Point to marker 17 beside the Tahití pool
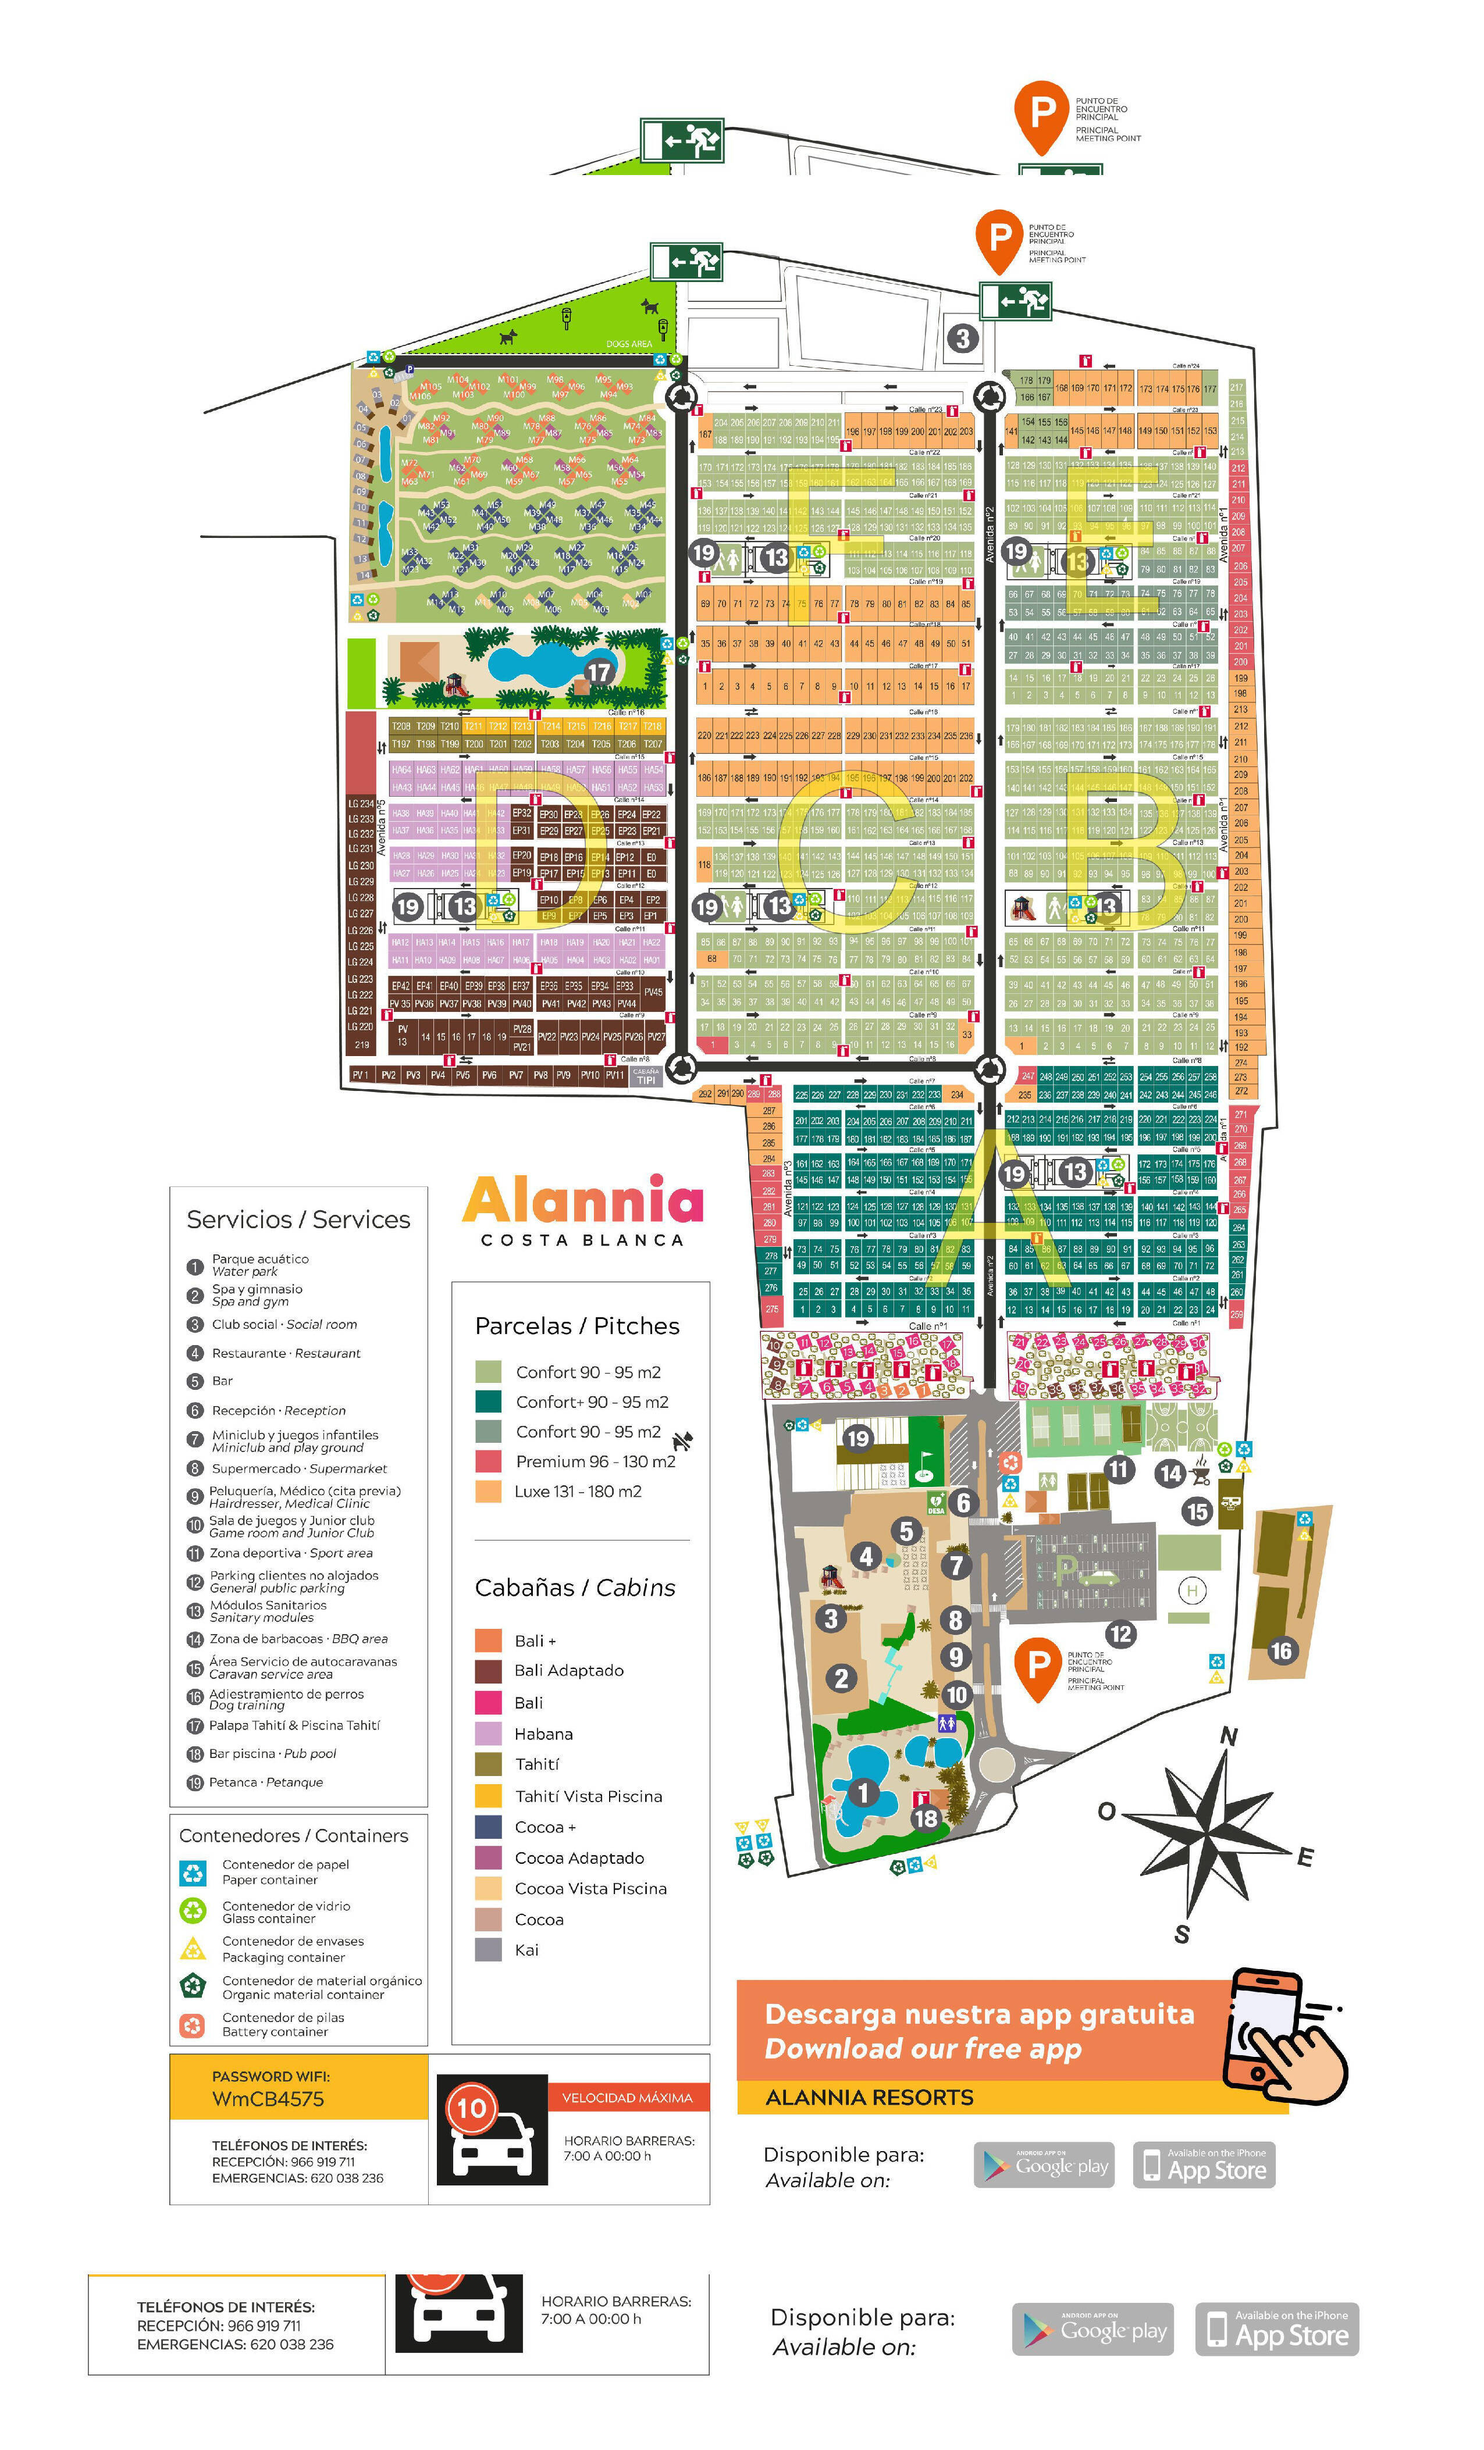(598, 672)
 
